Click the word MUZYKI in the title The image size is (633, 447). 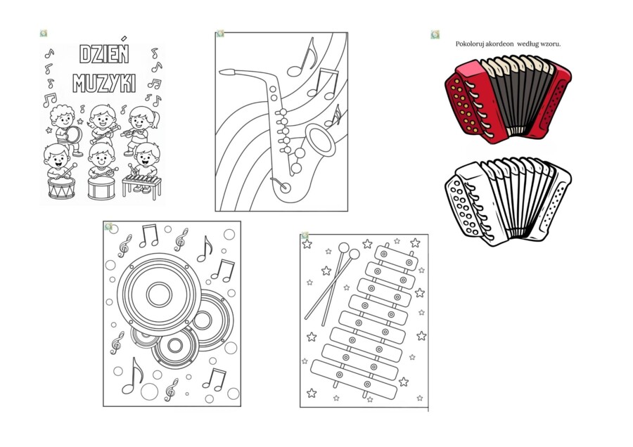(x=104, y=84)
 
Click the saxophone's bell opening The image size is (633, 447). (x=321, y=140)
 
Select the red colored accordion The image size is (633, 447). (x=508, y=99)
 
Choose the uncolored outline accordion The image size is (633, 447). (x=508, y=201)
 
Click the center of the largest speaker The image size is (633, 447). (x=159, y=294)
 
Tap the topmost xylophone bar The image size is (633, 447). (x=395, y=258)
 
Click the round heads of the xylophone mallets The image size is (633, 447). (x=349, y=250)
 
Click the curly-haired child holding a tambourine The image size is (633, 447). (x=65, y=129)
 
